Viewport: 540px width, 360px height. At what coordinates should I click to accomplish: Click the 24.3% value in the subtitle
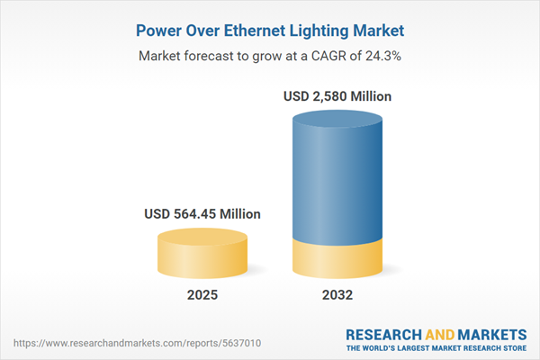tap(382, 56)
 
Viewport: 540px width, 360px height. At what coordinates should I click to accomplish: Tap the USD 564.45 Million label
tap(202, 214)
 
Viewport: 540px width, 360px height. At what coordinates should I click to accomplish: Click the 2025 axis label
tap(202, 295)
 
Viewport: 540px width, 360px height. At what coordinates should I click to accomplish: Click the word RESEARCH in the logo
tap(384, 333)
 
